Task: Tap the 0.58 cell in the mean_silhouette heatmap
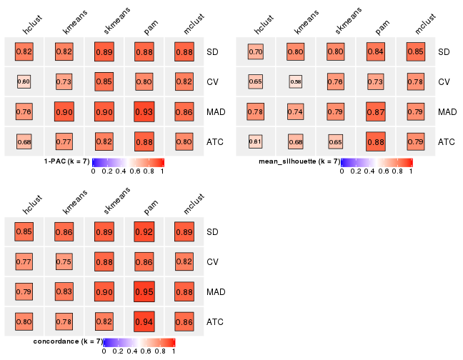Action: (x=296, y=81)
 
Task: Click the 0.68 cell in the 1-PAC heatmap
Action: (x=24, y=141)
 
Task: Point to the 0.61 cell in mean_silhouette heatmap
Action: (x=256, y=141)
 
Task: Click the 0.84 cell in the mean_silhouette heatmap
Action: (x=376, y=51)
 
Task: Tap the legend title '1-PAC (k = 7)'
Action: (x=66, y=161)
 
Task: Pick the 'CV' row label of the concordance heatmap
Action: (x=214, y=262)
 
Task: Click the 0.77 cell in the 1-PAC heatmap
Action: (x=64, y=141)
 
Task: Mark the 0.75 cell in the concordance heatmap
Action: (x=64, y=261)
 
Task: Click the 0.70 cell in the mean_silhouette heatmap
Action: (x=256, y=51)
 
